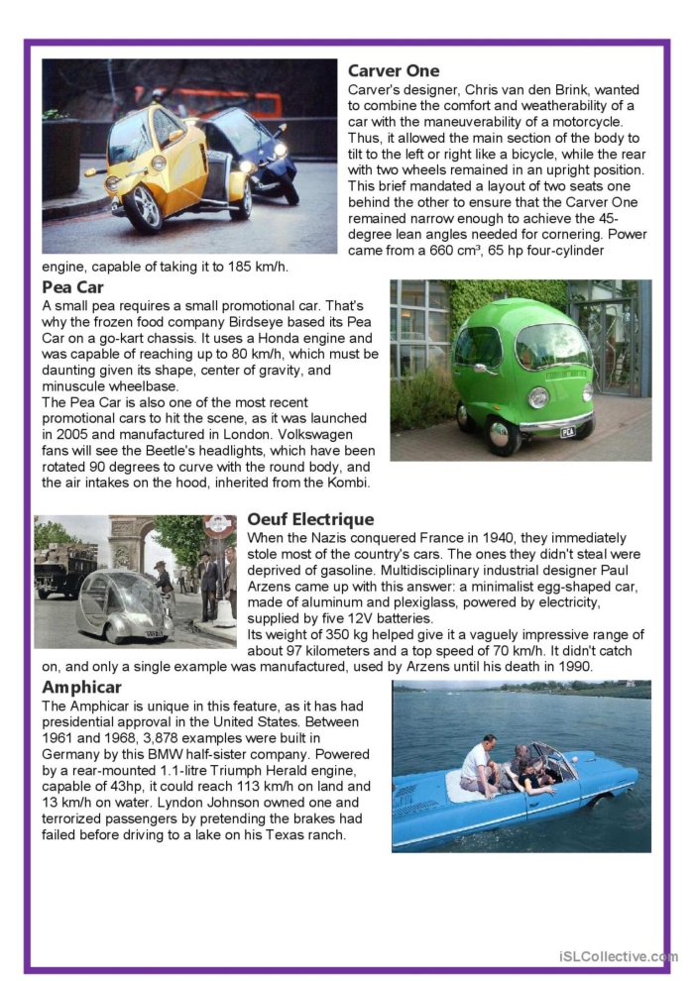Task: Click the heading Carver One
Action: tap(394, 71)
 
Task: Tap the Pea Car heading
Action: tap(72, 287)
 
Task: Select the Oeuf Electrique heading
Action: tap(310, 519)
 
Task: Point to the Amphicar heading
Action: tap(81, 687)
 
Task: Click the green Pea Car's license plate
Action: tap(567, 432)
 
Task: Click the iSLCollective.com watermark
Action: tap(616, 956)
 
